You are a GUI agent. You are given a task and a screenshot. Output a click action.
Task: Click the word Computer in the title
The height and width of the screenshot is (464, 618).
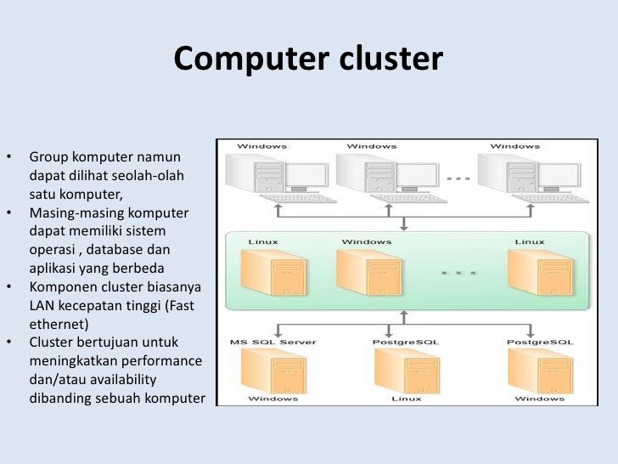coord(251,59)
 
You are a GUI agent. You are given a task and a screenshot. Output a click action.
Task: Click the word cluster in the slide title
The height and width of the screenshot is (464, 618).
coord(391,58)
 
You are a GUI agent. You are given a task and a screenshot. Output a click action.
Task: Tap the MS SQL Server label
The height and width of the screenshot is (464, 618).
coord(273,342)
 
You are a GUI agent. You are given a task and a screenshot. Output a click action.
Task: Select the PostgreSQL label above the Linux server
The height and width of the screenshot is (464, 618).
coord(406,342)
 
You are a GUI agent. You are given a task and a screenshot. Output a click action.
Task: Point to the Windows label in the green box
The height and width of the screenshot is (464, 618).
coord(367,241)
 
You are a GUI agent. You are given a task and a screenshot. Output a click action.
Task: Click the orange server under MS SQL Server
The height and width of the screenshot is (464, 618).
coord(273,371)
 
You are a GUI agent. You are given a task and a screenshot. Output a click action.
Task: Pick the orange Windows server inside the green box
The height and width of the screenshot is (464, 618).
coord(369,273)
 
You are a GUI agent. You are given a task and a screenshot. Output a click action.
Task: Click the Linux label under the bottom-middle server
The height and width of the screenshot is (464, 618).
coord(407,399)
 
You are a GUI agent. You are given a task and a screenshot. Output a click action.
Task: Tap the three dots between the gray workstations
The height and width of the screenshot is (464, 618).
coord(458,178)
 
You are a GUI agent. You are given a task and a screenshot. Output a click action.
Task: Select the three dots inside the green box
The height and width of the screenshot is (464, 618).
coord(458,273)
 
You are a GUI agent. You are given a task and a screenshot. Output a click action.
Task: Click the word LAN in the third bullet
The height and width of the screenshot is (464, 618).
coord(42,305)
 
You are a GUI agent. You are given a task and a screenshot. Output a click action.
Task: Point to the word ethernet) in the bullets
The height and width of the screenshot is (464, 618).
coord(59,324)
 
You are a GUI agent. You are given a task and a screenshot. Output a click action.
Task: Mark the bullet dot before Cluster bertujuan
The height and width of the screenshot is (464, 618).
coord(9,342)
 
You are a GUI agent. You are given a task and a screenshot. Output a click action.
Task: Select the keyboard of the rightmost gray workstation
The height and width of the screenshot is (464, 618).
coord(550,198)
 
